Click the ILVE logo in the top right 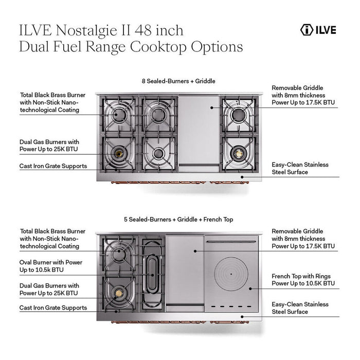click(x=318, y=30)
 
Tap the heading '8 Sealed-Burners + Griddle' click(x=178, y=81)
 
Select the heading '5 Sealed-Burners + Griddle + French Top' click(x=179, y=219)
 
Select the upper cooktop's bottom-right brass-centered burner click(x=238, y=153)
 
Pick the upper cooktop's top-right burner click(x=238, y=114)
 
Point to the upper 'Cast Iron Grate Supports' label click(x=53, y=166)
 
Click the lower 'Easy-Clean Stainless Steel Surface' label click(x=300, y=308)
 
